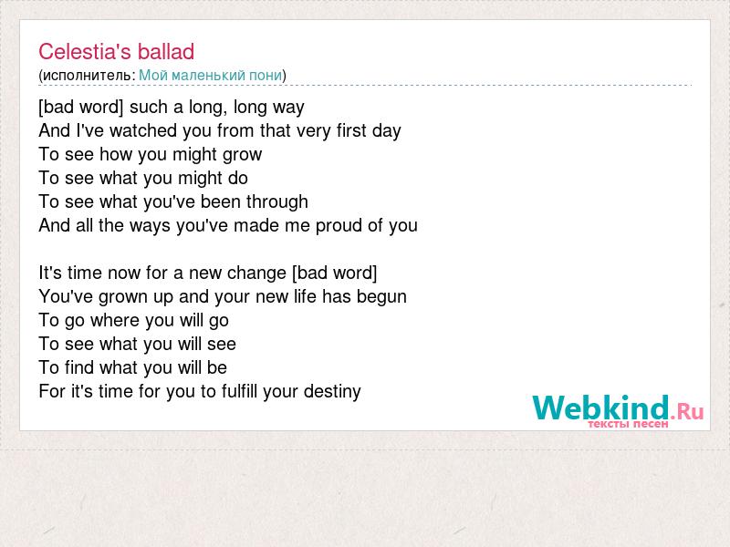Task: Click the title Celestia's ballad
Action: coord(117,52)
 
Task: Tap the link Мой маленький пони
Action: coord(211,76)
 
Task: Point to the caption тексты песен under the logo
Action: coord(628,424)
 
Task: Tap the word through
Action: coord(277,201)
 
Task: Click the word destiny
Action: coord(332,392)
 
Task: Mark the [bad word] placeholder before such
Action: coord(81,107)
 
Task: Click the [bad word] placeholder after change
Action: coord(334,273)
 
